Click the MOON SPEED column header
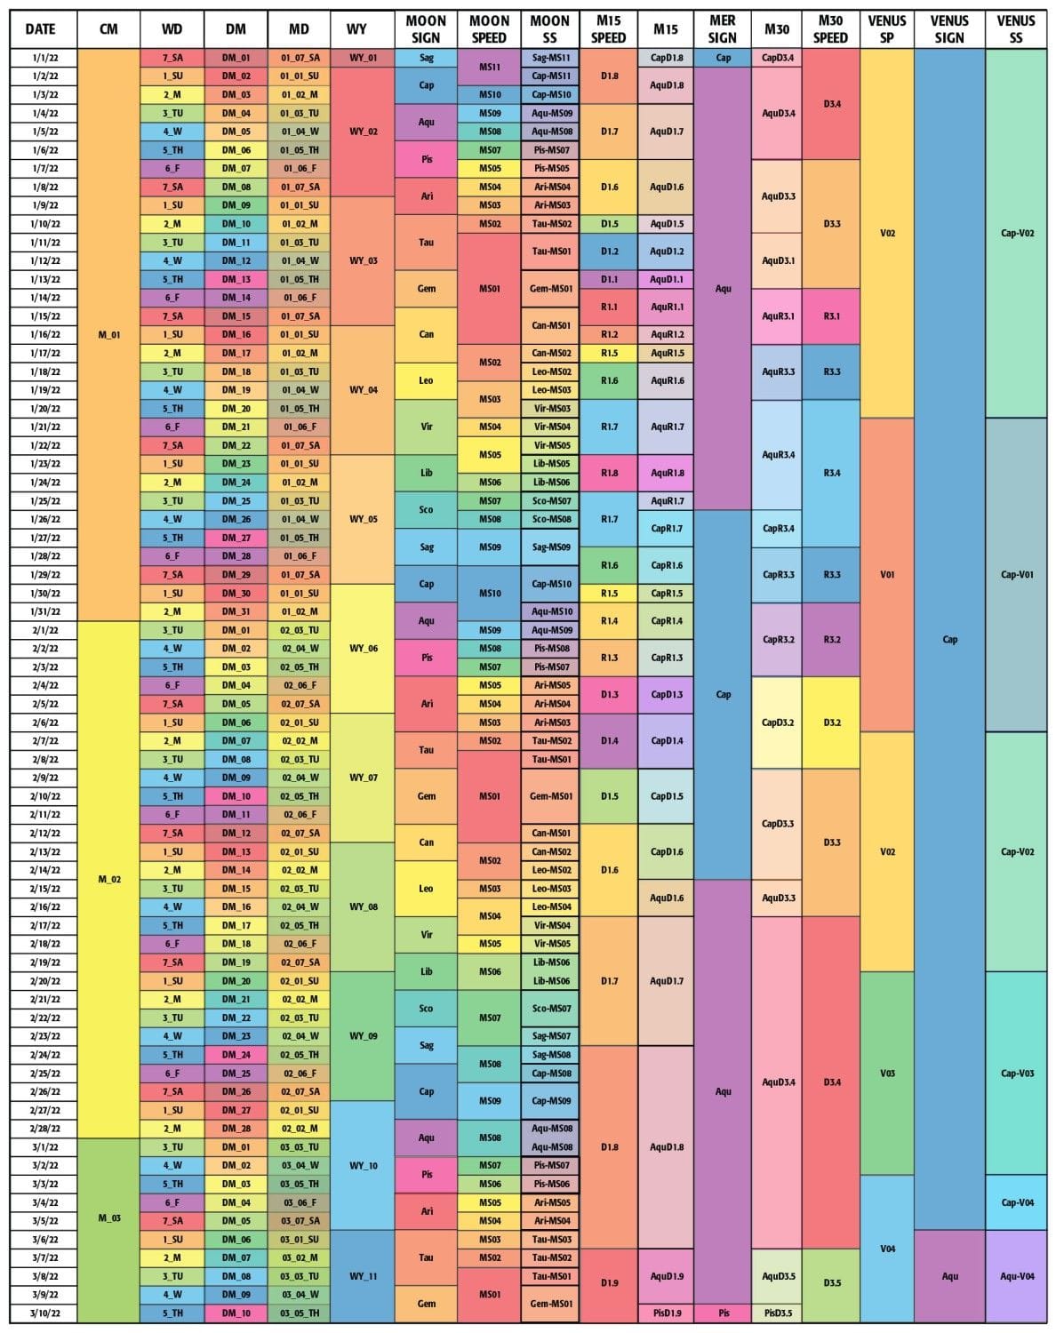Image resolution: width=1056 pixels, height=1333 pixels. click(489, 29)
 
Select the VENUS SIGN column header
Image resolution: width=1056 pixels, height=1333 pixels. click(949, 29)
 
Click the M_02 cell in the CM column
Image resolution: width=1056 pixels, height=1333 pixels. click(108, 879)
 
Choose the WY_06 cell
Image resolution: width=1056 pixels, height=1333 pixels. click(363, 649)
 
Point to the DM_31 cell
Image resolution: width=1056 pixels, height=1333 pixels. click(236, 611)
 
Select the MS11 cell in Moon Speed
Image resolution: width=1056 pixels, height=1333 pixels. click(489, 67)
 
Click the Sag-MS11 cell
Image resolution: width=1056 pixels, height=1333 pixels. click(551, 58)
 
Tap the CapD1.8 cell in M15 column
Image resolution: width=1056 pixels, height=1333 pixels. click(666, 58)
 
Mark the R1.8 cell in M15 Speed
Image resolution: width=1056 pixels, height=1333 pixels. click(608, 473)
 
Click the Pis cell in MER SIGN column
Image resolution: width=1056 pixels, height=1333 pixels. click(723, 1313)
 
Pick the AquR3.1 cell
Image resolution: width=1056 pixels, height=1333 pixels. click(778, 316)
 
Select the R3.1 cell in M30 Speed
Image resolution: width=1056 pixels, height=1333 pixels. click(831, 316)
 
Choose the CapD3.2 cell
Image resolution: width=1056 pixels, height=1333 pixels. click(778, 722)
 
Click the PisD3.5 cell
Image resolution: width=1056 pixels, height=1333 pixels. click(778, 1313)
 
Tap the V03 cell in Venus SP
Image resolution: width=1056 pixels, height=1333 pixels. click(887, 1073)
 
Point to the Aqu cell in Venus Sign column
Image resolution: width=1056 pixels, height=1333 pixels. click(949, 1276)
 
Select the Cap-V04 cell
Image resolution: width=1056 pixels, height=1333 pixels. click(1016, 1202)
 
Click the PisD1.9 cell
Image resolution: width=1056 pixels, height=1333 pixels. click(666, 1313)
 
